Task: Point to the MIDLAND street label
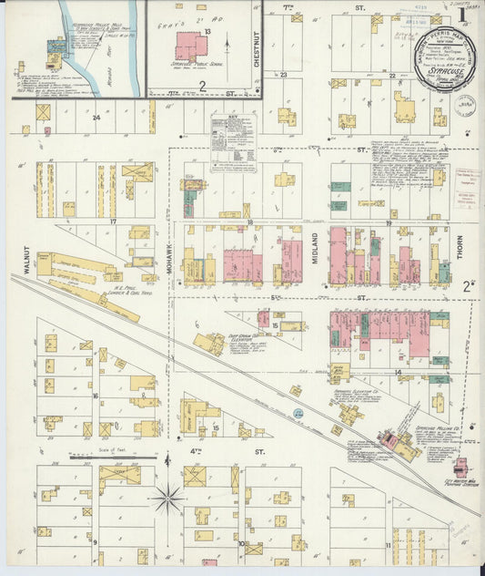tap(315, 250)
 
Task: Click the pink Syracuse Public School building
tap(191, 46)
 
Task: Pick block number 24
tap(95, 117)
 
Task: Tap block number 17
tap(114, 221)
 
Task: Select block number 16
tap(95, 396)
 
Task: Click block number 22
tap(392, 77)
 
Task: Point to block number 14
tap(398, 373)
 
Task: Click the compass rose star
tap(168, 498)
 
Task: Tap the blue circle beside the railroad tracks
tap(297, 415)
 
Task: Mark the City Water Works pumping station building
tap(460, 466)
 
